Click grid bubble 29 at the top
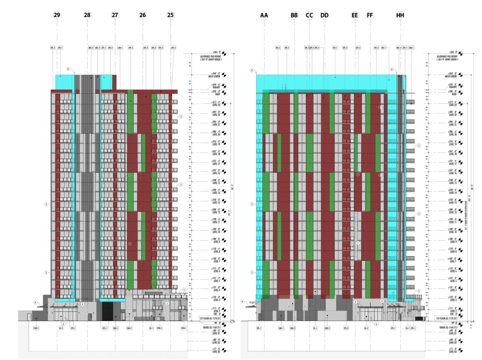click(x=57, y=15)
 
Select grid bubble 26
click(x=142, y=15)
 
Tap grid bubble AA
click(x=264, y=15)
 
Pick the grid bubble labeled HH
click(x=400, y=15)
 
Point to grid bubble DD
click(x=324, y=15)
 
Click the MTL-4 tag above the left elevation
click(x=91, y=48)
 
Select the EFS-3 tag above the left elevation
click(x=130, y=48)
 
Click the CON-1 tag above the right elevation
click(x=411, y=48)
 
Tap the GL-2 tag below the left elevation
click(x=61, y=328)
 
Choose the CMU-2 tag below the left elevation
click(x=129, y=328)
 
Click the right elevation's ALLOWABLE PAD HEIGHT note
click(x=447, y=58)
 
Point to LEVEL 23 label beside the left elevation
click(x=216, y=104)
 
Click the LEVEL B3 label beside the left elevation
click(x=216, y=351)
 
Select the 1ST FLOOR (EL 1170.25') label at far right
click(x=447, y=319)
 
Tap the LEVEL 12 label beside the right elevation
click(x=452, y=211)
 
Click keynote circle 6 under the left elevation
click(x=63, y=323)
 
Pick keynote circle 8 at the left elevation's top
click(x=68, y=69)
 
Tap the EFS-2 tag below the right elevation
click(x=346, y=328)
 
